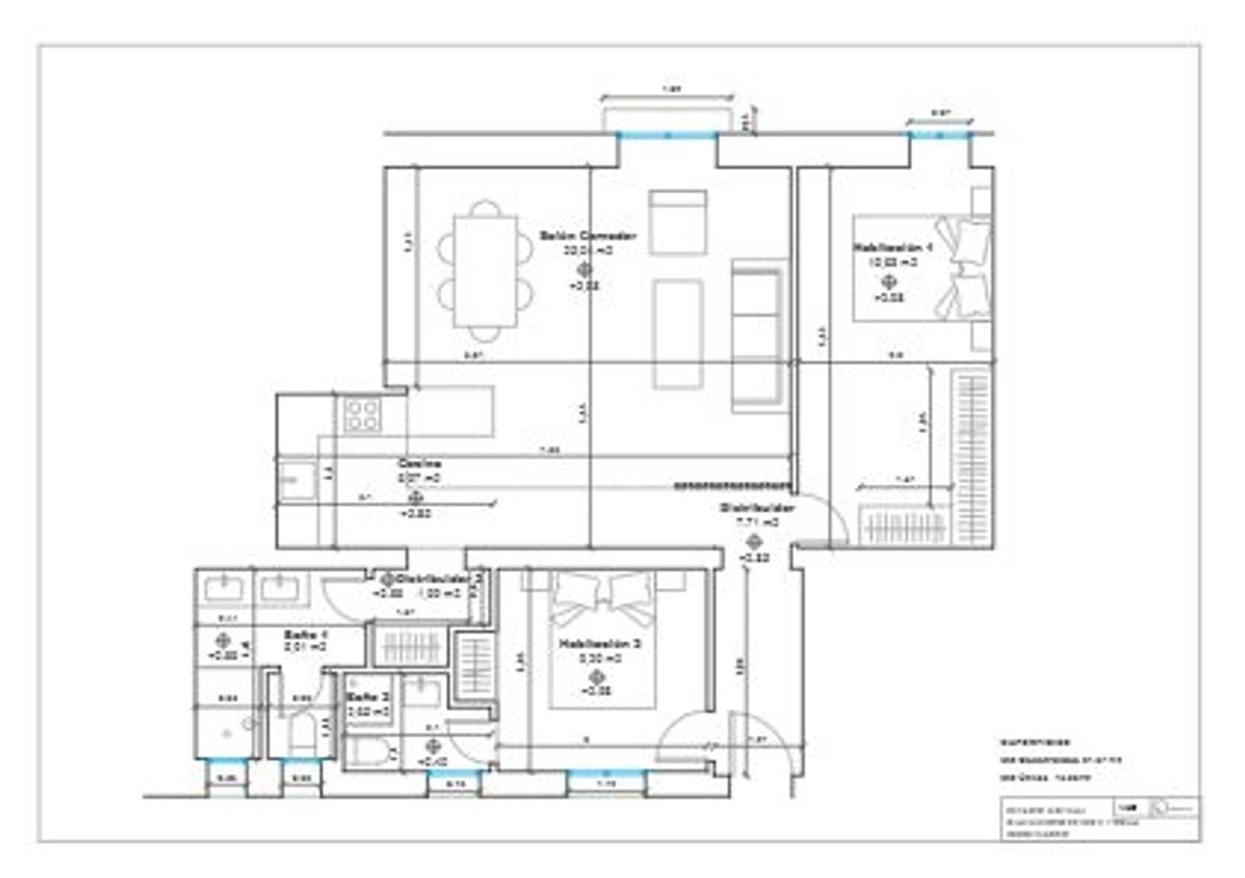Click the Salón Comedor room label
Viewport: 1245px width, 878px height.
(588, 236)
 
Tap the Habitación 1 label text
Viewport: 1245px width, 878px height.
(893, 247)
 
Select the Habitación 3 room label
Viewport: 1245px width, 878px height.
(599, 643)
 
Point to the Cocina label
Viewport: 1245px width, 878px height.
(419, 464)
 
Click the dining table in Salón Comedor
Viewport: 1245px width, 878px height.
(486, 271)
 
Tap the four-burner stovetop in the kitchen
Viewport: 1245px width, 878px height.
(363, 414)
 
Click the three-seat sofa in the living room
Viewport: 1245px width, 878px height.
(757, 335)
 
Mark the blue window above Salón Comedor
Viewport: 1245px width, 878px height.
(666, 135)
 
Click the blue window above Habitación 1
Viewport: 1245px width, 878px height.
(940, 134)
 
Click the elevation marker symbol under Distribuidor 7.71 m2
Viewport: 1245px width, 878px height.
(754, 542)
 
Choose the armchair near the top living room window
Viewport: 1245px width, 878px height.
(678, 222)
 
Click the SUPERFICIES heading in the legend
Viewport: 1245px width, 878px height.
(1036, 743)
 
